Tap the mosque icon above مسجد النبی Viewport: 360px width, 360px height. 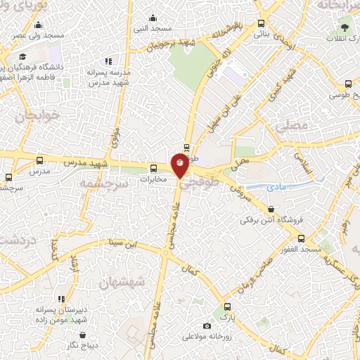pyautogui.click(x=154, y=18)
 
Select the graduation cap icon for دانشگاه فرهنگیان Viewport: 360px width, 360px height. pyautogui.click(x=23, y=56)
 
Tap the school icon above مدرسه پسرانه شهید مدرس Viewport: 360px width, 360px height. pyautogui.click(x=108, y=62)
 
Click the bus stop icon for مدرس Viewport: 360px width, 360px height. pyautogui.click(x=39, y=160)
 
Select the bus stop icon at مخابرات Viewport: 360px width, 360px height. pyautogui.click(x=154, y=167)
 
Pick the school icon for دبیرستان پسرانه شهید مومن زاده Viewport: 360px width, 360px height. pyautogui.click(x=62, y=299)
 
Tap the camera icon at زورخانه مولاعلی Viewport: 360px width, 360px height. pyautogui.click(x=207, y=326)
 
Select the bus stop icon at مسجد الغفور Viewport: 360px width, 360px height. pyautogui.click(x=301, y=239)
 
